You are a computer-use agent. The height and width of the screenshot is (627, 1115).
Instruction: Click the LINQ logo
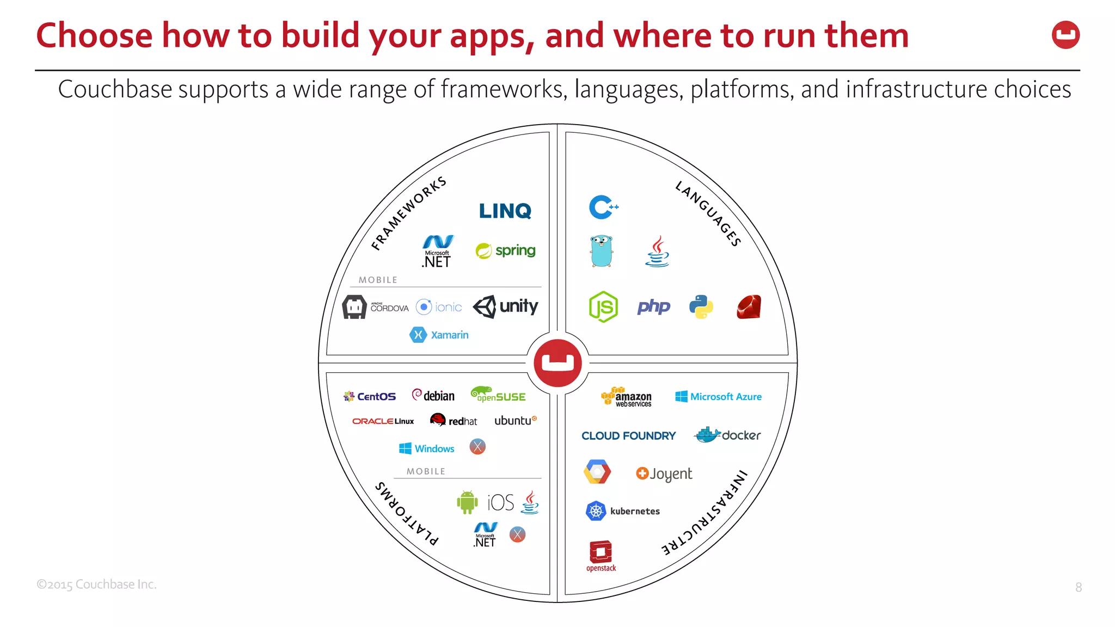pos(505,211)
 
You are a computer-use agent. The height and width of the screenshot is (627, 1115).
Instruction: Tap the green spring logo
pos(505,250)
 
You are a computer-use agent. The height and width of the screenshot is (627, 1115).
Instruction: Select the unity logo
pos(505,306)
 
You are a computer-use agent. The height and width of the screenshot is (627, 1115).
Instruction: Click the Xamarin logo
pos(439,335)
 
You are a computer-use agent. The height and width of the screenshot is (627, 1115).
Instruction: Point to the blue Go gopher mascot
pos(601,251)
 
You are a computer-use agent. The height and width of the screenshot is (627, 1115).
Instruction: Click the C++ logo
pos(603,207)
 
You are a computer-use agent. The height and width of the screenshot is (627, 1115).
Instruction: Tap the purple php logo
pos(653,307)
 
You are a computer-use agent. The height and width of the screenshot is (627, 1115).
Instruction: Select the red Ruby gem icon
pos(749,307)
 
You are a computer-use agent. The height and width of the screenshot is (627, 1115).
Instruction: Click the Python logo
pos(701,307)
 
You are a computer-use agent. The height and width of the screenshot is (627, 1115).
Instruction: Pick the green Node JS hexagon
pos(603,307)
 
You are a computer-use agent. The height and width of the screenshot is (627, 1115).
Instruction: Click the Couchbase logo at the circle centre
pos(557,363)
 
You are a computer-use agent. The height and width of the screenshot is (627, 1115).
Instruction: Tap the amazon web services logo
pos(627,397)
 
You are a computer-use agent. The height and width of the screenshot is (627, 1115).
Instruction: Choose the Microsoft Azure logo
pos(718,397)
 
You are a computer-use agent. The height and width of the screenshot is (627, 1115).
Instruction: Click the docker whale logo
pos(727,435)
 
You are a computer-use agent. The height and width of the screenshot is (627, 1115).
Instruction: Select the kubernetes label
pos(634,511)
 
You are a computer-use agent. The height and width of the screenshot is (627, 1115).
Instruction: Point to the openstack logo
pos(601,556)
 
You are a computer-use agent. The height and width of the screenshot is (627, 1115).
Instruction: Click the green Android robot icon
pos(467,502)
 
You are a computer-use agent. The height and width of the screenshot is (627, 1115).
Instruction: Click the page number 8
pos(1078,587)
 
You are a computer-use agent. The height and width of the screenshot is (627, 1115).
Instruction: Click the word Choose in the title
pos(94,36)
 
